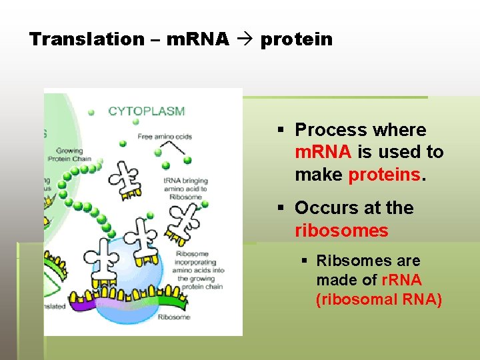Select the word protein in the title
(296, 39)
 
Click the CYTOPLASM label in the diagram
(147, 111)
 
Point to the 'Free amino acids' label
(165, 137)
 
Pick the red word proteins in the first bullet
(385, 175)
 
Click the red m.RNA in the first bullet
(323, 152)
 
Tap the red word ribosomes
(341, 231)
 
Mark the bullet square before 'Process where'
(282, 130)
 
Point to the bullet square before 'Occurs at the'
(282, 208)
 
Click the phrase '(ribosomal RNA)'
(379, 299)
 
